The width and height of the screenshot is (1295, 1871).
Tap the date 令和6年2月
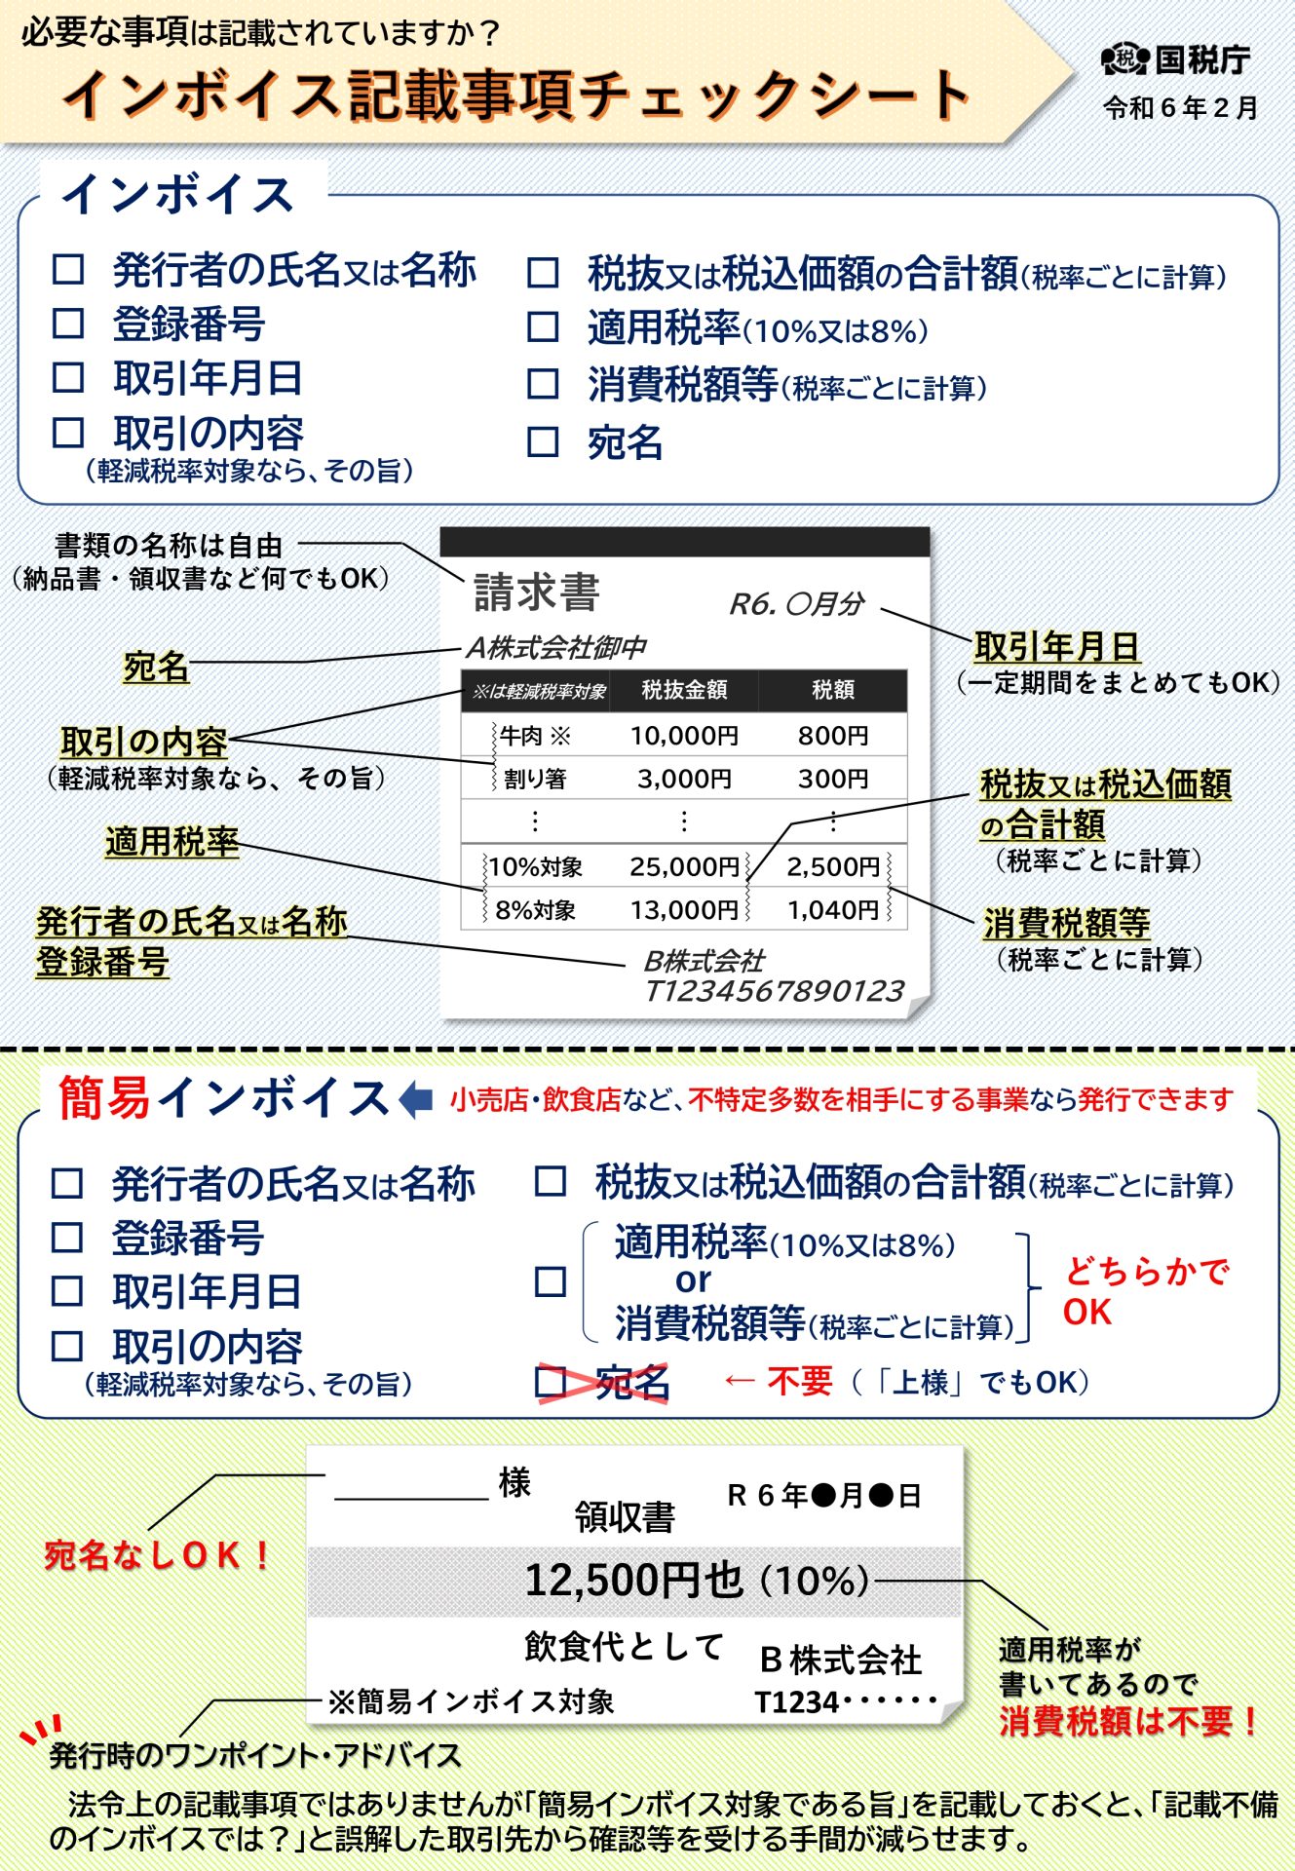(1180, 108)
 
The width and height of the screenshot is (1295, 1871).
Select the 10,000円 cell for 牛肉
(684, 736)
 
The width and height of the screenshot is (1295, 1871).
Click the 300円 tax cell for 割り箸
(833, 779)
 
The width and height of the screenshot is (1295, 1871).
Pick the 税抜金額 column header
(684, 690)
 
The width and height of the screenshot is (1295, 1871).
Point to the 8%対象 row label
(535, 910)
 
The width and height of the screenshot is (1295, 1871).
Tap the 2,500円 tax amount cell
(833, 866)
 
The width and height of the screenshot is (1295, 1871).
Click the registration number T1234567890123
(775, 991)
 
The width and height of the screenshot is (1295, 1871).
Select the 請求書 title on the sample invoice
(536, 592)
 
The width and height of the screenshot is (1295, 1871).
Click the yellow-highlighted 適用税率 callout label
(171, 842)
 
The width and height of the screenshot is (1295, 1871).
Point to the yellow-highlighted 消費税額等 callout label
(1066, 923)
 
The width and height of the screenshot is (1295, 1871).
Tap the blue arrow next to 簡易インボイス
(416, 1099)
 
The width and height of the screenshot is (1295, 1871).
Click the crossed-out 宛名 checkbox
(552, 1382)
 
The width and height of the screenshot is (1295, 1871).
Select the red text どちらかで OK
(1145, 1291)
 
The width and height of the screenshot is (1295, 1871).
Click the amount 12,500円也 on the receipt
(633, 1580)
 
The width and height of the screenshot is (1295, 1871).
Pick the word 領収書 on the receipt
(625, 1517)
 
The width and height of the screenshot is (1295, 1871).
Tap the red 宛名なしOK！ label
(158, 1555)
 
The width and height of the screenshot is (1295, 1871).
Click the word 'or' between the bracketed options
(693, 1279)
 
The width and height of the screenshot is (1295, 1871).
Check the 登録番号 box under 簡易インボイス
(66, 1238)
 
